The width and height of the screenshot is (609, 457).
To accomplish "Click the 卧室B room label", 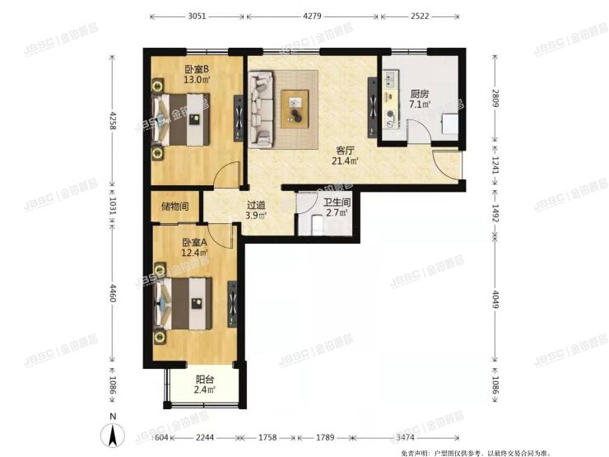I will pyautogui.click(x=196, y=69).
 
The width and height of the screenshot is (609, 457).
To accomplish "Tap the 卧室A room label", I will pyautogui.click(x=194, y=242).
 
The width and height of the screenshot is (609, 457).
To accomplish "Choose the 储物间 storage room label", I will pyautogui.click(x=175, y=207).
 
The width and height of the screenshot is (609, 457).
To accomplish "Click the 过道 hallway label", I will pyautogui.click(x=256, y=207).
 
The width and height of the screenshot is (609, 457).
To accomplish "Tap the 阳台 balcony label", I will pyautogui.click(x=205, y=380).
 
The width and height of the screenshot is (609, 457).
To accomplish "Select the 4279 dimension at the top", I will pyautogui.click(x=313, y=15).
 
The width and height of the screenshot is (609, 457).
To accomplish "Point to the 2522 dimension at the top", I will pyautogui.click(x=419, y=15).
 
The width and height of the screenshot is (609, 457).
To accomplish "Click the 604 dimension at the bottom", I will pyautogui.click(x=162, y=437).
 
